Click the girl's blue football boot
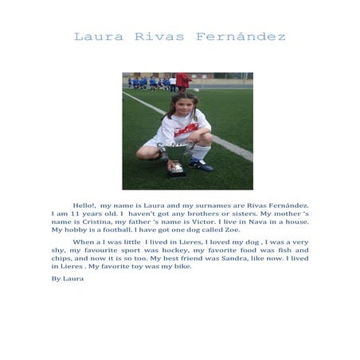201,166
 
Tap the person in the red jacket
183,80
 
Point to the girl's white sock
199,152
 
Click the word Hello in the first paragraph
83,205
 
